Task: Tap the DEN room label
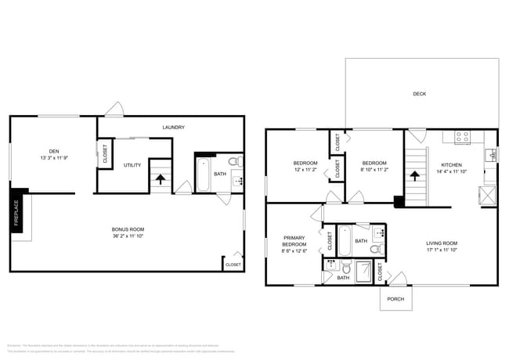pos(53,152)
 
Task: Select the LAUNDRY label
pos(173,127)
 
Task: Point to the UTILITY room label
pos(132,165)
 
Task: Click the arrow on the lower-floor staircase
pos(161,178)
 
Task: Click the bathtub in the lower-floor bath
pos(202,174)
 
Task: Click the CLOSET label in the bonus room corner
pos(233,265)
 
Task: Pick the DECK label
pos(420,94)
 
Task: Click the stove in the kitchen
pos(461,136)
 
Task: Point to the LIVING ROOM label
pos(441,243)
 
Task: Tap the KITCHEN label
pos(451,165)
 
